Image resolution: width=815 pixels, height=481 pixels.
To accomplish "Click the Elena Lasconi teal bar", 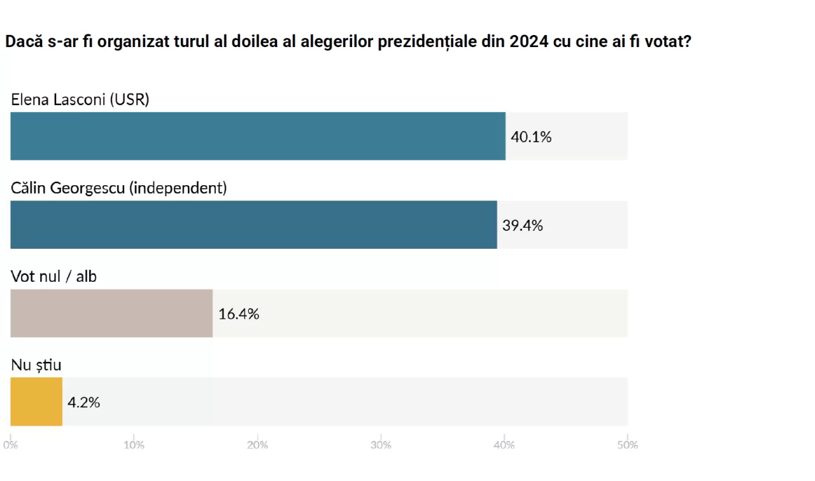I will click(x=258, y=136).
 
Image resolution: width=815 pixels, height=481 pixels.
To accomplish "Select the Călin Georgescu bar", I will click(x=253, y=225).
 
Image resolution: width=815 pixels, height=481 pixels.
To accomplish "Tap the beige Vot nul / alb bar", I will click(x=111, y=313).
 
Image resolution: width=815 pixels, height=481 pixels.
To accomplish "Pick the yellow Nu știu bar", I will click(x=36, y=401).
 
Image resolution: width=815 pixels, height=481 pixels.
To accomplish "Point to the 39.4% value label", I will click(x=523, y=225).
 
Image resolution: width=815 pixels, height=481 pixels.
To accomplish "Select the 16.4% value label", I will click(x=239, y=314).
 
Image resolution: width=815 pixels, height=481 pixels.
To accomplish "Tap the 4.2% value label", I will click(x=84, y=402).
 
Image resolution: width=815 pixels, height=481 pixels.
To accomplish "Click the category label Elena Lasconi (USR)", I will click(x=80, y=100).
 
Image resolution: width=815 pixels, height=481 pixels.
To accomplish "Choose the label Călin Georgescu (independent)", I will click(x=119, y=188).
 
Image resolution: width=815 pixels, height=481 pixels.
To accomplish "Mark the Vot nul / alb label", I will click(x=53, y=277).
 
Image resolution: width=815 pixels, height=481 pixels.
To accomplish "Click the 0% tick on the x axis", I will click(x=10, y=445).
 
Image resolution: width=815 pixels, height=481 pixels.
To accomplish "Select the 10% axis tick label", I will click(x=134, y=445).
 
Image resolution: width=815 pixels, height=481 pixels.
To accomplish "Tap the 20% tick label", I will click(x=257, y=445).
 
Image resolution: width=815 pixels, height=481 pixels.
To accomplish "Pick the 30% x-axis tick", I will click(x=381, y=445).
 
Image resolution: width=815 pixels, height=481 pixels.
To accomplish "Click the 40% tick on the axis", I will click(x=504, y=445).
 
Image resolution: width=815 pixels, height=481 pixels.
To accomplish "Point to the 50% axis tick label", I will click(x=627, y=445).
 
